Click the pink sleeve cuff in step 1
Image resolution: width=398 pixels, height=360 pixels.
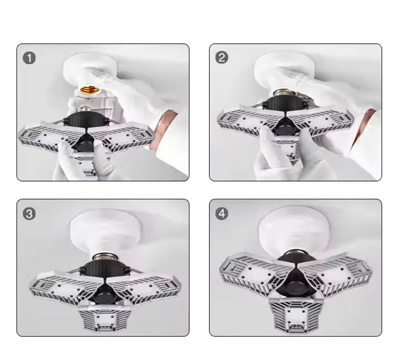(169, 124)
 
